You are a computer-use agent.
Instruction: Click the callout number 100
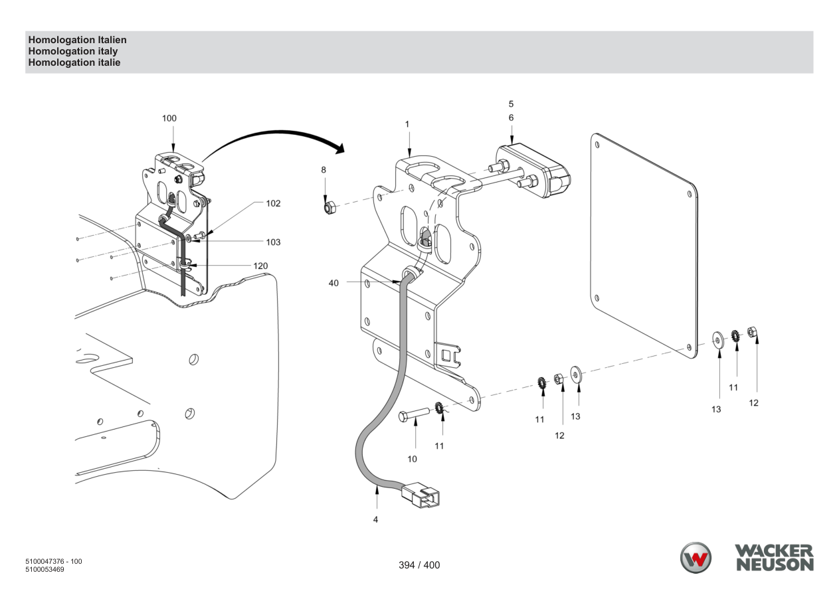click(x=169, y=118)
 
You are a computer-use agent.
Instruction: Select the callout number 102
click(x=273, y=203)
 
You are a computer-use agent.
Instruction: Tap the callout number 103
click(x=273, y=242)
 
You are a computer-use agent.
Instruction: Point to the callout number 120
click(x=260, y=266)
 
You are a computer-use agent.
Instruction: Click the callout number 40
click(x=333, y=283)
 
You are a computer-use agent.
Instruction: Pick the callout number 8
click(x=324, y=170)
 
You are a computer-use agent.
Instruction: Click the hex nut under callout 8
click(x=329, y=207)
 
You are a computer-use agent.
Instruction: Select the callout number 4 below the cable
click(x=375, y=520)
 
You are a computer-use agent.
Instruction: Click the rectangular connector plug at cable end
click(x=420, y=495)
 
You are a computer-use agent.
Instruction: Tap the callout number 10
click(x=412, y=459)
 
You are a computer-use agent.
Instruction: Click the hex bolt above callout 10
click(x=414, y=415)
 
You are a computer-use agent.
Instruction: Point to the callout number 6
click(x=511, y=118)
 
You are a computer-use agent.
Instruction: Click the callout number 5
click(x=511, y=104)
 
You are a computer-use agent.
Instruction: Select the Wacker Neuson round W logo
click(x=696, y=558)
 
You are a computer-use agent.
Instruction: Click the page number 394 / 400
click(x=419, y=565)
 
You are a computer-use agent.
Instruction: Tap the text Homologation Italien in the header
click(x=77, y=40)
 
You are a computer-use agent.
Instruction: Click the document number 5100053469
click(x=45, y=569)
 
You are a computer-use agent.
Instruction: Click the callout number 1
click(x=407, y=124)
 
